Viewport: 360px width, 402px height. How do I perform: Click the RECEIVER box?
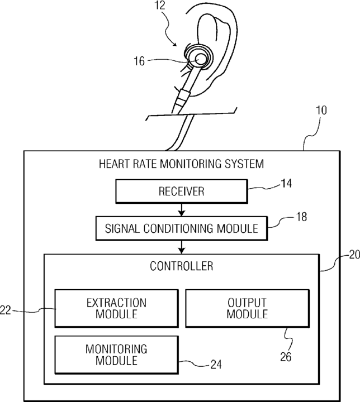click(x=182, y=192)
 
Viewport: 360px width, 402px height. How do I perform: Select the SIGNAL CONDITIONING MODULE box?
click(x=182, y=228)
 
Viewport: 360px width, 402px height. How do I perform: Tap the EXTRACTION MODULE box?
click(x=117, y=308)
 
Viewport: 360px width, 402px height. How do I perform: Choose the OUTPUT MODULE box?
click(x=247, y=308)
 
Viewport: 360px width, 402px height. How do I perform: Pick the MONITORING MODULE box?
click(x=117, y=355)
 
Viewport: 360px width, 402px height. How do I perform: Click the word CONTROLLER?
click(x=182, y=266)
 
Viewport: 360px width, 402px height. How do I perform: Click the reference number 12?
click(x=160, y=6)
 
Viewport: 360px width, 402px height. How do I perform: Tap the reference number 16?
click(x=139, y=61)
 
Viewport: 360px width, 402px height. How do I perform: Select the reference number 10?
click(x=321, y=110)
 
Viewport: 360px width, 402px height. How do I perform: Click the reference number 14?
click(x=286, y=184)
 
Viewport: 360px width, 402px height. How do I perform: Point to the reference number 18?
click(x=301, y=217)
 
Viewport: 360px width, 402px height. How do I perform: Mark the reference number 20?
click(x=354, y=255)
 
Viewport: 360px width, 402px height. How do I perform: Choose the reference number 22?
click(x=6, y=310)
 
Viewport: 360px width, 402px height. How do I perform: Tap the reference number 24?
click(x=216, y=364)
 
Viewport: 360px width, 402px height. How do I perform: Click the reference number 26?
click(x=286, y=357)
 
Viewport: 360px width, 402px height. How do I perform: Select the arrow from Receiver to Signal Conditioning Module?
click(x=182, y=210)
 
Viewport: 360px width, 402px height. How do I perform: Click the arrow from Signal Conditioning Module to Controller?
click(x=182, y=247)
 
